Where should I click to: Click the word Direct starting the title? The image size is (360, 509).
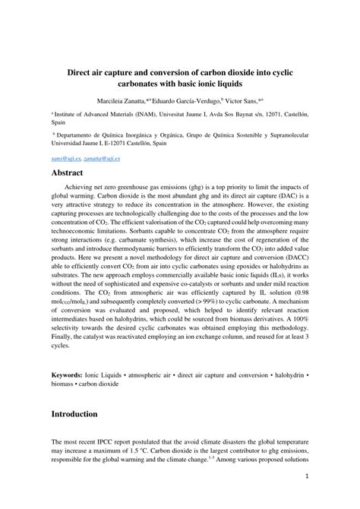click(84, 71)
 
